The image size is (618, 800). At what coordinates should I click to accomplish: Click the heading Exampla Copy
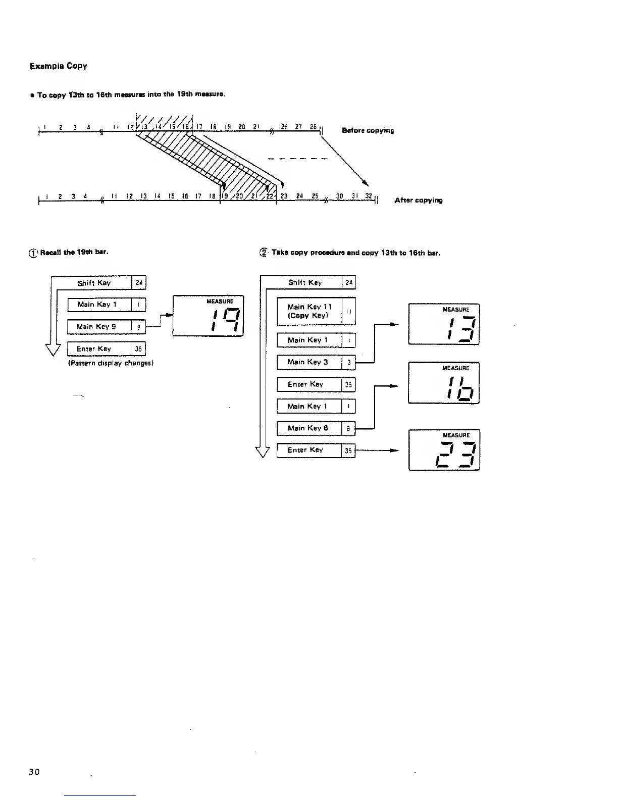(58, 66)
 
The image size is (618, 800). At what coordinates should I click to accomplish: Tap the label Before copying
(368, 130)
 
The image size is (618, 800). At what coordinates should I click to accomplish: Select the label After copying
(418, 200)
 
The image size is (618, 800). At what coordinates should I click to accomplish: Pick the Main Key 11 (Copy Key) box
(310, 311)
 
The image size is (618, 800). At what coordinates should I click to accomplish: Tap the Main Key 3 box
(309, 362)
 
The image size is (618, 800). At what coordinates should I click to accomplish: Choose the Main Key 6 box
(309, 428)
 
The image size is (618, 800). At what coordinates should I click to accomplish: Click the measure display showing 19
(208, 316)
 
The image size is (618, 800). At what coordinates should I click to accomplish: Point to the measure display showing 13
(444, 324)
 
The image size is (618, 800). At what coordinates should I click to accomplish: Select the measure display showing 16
(444, 383)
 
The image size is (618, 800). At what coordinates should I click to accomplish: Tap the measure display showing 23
(444, 450)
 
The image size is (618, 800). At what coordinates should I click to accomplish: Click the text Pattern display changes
(111, 363)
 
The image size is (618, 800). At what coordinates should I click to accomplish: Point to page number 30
(34, 771)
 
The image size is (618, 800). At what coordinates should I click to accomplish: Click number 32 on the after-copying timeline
(369, 196)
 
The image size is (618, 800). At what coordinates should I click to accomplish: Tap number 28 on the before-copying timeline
(314, 127)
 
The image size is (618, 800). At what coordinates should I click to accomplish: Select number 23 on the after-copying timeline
(284, 196)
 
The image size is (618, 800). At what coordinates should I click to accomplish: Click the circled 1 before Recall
(33, 253)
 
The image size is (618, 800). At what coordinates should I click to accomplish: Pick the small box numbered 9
(138, 327)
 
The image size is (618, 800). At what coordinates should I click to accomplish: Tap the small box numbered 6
(348, 429)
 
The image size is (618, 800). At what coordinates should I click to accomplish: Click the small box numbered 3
(349, 363)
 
